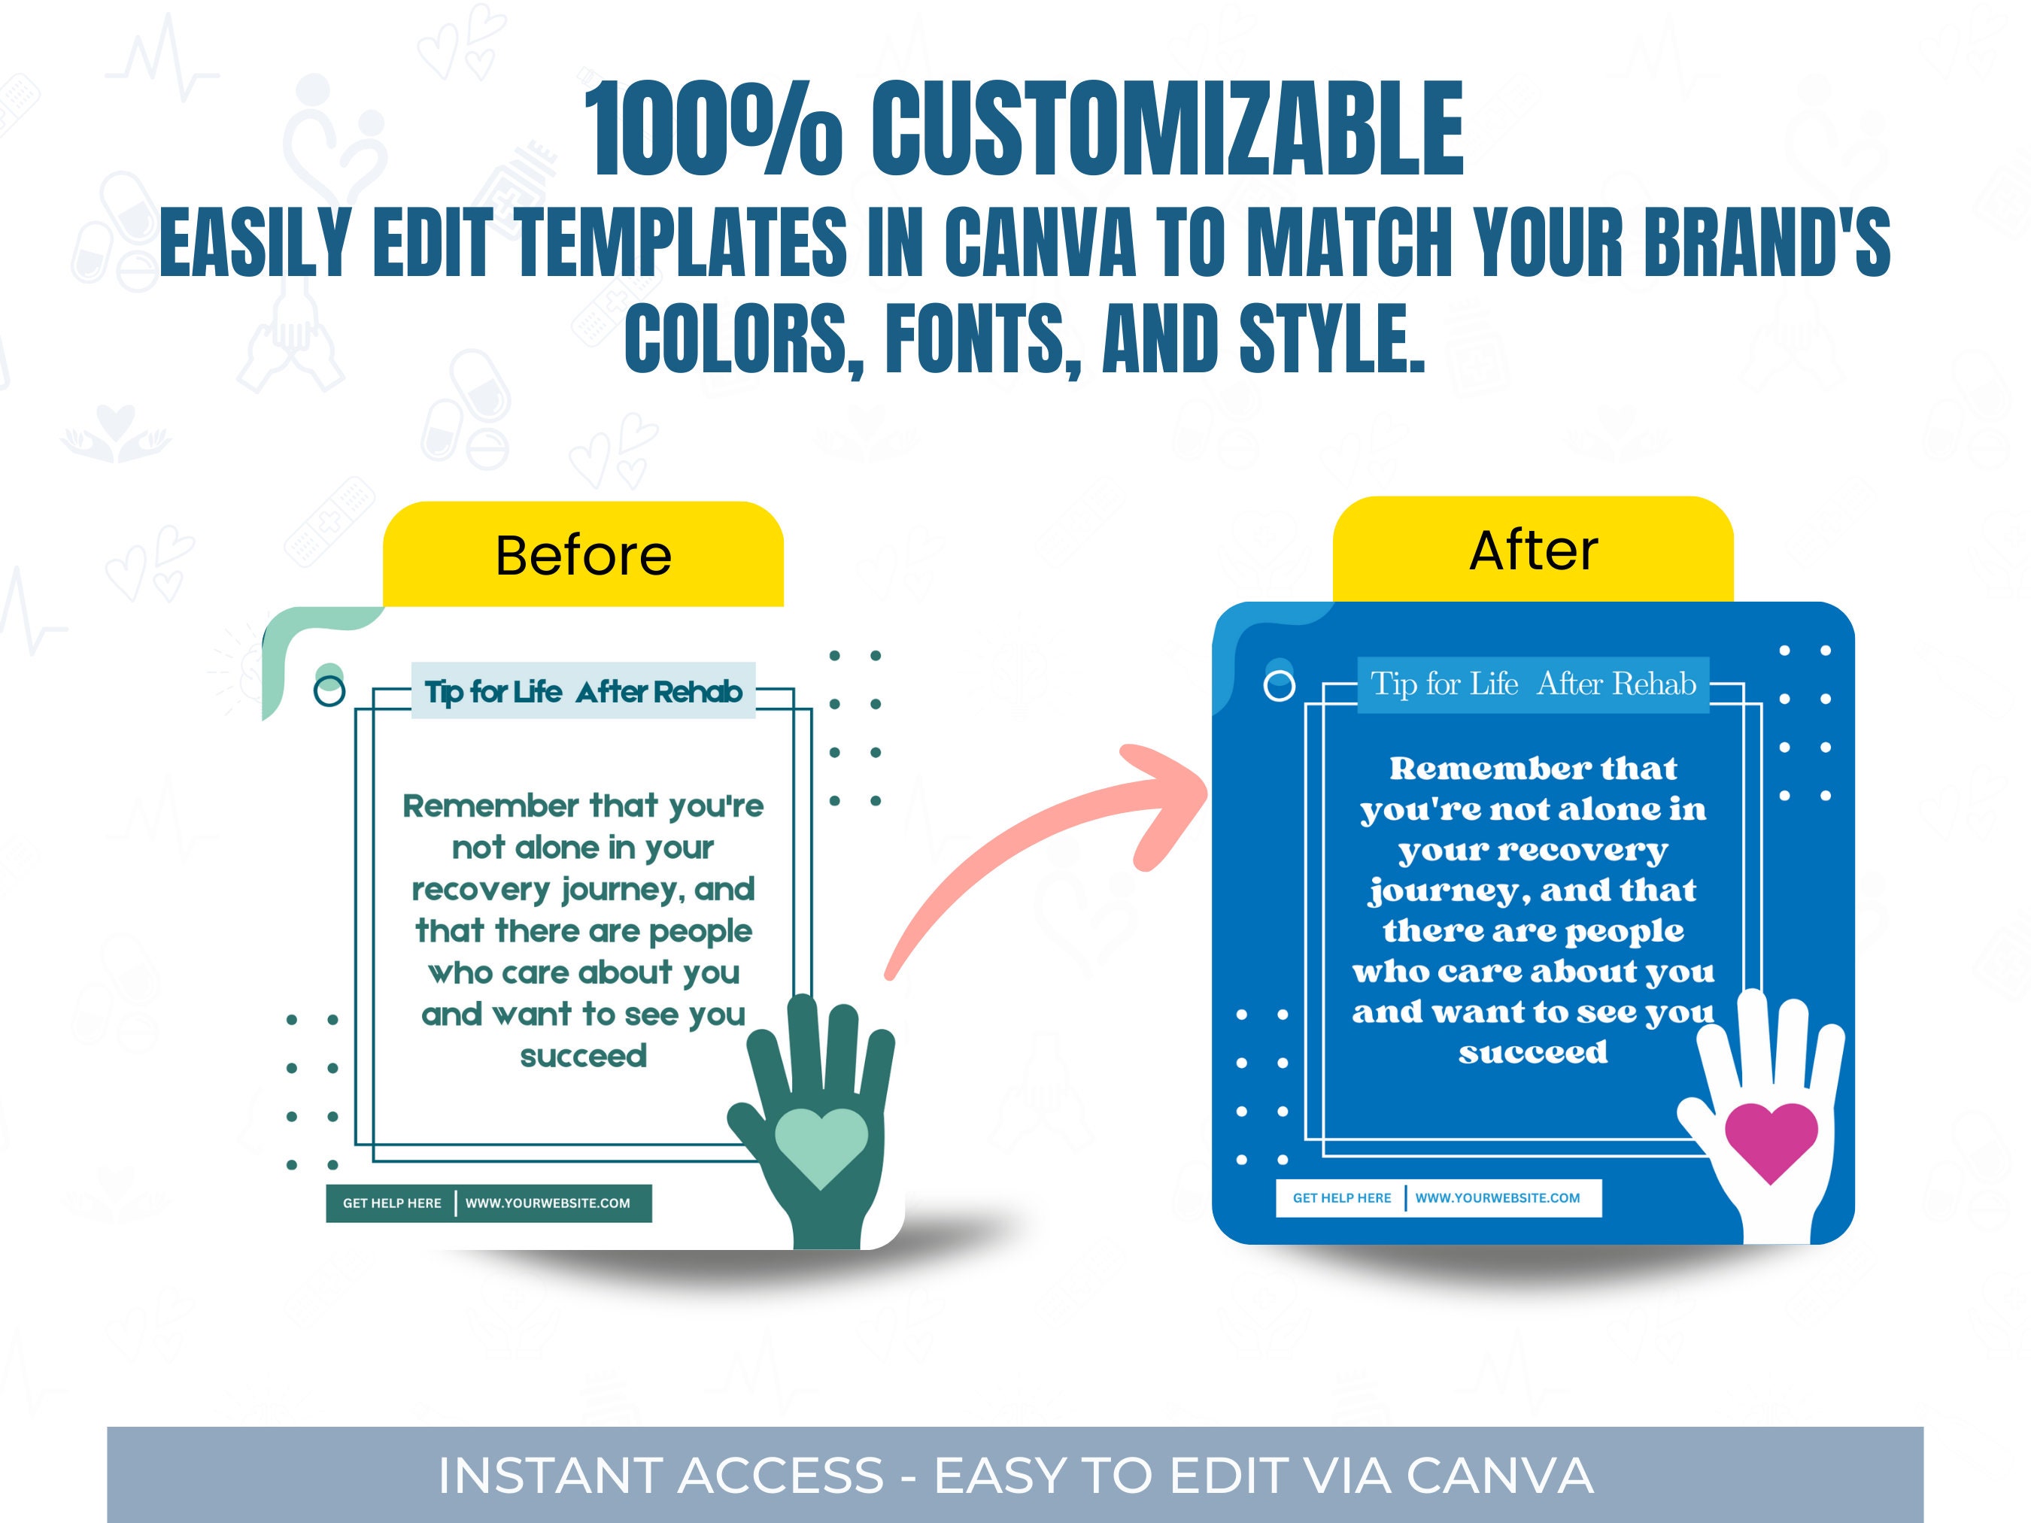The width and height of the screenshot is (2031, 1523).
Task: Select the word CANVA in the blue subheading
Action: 1040,242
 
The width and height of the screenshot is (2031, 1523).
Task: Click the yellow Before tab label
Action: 583,555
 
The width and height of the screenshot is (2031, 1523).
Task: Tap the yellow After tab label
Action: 1533,551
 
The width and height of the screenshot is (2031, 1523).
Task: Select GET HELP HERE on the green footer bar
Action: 392,1203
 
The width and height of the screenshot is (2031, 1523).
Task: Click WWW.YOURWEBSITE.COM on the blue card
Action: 1498,1198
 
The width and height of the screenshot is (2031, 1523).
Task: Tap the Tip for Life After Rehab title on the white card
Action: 583,691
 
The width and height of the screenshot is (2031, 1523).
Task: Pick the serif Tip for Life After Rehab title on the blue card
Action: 1533,684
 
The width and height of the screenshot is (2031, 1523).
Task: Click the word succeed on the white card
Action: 583,1056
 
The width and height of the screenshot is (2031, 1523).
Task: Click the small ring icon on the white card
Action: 329,690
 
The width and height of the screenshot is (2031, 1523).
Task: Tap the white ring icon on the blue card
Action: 1279,685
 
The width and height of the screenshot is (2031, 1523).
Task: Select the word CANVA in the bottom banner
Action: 1499,1476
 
